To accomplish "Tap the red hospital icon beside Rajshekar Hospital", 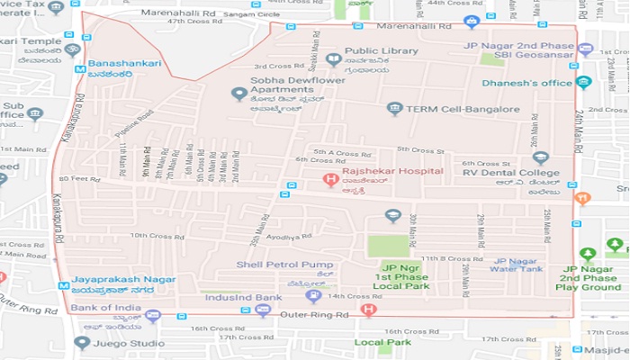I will (330, 177).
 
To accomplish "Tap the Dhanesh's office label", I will (527, 83).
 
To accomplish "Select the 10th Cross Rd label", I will (150, 236).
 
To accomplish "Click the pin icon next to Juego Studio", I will (82, 342).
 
